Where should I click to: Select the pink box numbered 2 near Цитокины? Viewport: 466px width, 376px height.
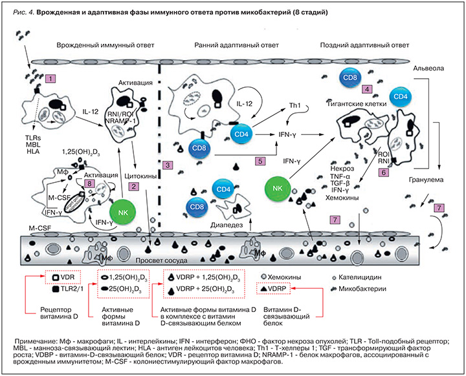coord(133,187)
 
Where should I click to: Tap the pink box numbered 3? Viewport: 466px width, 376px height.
coord(168,165)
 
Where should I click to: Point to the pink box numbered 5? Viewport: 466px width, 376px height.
coord(261,161)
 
